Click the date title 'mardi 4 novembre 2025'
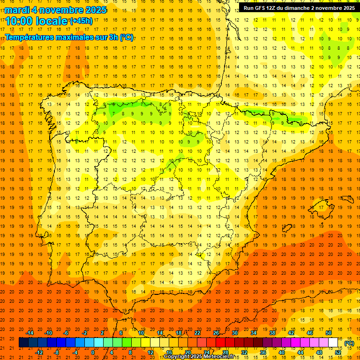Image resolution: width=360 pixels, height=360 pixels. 56,10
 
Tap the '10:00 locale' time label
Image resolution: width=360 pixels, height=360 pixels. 36,21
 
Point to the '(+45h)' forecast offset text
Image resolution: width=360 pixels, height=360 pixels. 81,21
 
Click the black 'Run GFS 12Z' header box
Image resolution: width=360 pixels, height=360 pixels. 299,8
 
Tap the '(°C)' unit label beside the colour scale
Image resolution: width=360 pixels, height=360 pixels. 349,344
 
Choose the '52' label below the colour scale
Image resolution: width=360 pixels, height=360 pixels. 338,352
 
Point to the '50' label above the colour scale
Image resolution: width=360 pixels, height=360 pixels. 329,333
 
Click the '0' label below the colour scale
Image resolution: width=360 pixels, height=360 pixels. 93,352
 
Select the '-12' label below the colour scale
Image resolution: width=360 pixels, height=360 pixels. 39,352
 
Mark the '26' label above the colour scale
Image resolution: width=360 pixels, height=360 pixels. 216,333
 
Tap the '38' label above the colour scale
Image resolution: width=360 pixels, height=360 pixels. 272,333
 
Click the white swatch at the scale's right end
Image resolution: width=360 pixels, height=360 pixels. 333,343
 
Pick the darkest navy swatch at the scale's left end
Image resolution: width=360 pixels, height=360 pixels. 23,343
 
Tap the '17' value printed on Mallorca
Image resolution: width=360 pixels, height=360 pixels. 321,207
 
